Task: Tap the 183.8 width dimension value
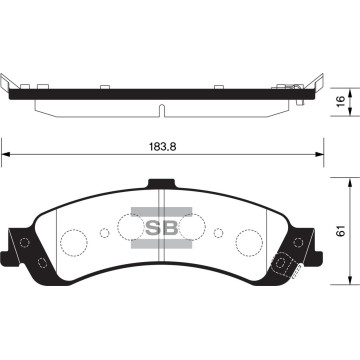166,143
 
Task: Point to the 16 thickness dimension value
341,101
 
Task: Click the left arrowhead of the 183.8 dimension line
6,155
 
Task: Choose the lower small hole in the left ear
39,263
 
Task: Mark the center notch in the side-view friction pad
160,107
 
